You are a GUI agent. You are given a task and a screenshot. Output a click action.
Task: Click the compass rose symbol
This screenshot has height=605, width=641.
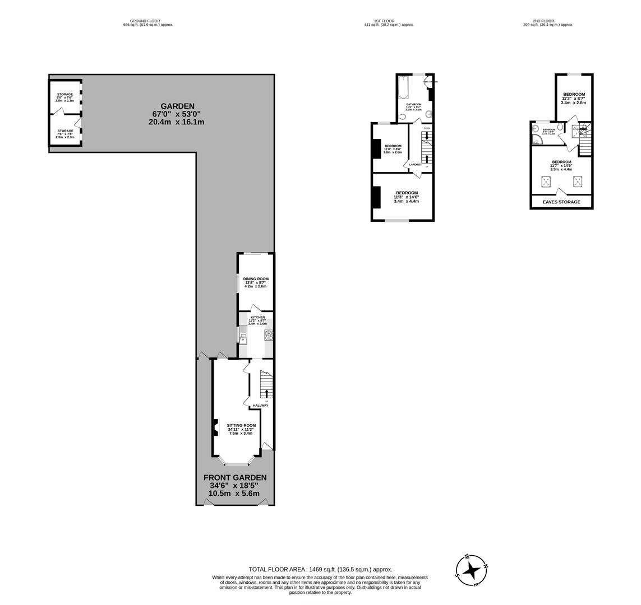[x=471, y=570]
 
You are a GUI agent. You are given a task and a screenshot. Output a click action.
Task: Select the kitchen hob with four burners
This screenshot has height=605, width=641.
[x=269, y=335]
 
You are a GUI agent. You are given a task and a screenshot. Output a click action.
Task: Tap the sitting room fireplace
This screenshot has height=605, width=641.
[x=216, y=427]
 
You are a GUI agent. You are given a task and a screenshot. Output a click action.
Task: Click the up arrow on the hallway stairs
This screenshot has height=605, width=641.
[x=266, y=393]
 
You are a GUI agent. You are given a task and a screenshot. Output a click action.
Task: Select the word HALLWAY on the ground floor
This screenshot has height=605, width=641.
[x=261, y=406]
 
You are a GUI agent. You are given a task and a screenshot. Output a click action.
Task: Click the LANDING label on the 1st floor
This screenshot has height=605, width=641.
[x=415, y=164]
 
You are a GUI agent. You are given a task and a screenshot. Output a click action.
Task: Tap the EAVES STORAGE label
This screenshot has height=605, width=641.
[x=561, y=202]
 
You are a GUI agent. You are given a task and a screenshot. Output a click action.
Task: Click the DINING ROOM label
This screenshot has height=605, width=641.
[x=256, y=278]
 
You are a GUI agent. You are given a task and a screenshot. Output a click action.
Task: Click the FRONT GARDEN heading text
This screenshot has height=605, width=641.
[x=234, y=477]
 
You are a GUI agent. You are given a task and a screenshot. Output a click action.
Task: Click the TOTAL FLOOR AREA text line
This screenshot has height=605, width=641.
[x=320, y=569]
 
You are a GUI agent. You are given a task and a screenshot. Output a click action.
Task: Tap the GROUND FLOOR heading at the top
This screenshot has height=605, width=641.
[x=145, y=21]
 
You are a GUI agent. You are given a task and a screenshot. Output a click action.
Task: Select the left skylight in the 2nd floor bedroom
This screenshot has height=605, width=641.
[x=546, y=181]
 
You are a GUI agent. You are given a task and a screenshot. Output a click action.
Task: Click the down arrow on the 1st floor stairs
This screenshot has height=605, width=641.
[x=427, y=136]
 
